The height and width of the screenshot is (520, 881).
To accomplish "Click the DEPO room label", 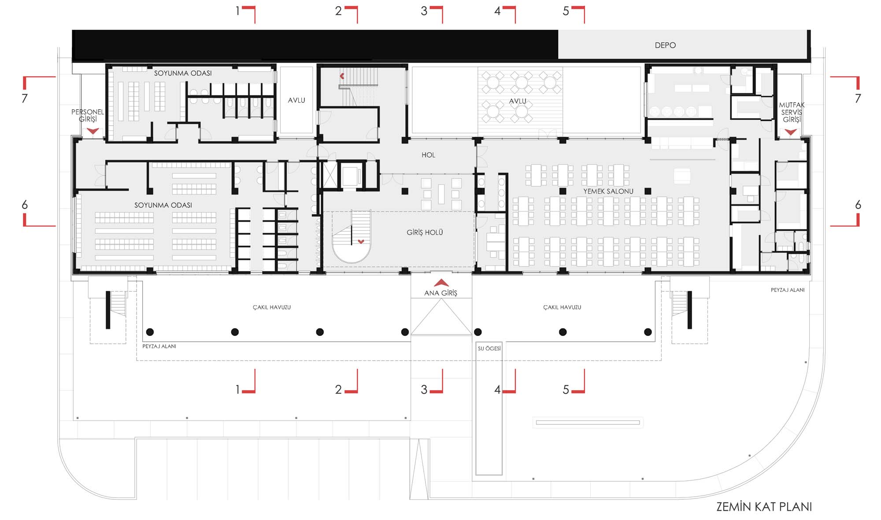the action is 665,45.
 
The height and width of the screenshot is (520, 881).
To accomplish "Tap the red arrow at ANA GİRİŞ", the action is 441,283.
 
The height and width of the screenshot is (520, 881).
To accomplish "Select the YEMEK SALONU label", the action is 608,191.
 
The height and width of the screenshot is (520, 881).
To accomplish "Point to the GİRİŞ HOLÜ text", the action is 425,232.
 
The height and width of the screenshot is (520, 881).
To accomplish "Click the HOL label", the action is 428,155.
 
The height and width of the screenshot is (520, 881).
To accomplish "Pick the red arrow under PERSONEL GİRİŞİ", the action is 93,131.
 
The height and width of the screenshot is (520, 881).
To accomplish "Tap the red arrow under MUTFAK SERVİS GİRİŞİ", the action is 791,132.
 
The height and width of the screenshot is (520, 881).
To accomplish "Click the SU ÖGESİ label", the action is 489,348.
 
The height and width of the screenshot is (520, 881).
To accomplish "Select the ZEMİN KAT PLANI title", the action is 764,506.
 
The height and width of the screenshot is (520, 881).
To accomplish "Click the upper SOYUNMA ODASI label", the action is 183,73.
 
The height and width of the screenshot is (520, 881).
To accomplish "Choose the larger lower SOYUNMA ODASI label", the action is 163,205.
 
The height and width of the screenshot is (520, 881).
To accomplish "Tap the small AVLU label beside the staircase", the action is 296,100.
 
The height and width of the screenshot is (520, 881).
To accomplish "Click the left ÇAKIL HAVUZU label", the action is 272,307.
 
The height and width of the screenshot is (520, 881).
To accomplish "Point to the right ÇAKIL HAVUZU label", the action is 562,307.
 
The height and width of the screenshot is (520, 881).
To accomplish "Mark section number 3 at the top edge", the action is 424,11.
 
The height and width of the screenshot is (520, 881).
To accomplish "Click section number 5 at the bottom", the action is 566,390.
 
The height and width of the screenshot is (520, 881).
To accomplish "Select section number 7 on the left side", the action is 25,98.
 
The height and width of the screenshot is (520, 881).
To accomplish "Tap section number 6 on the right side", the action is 858,205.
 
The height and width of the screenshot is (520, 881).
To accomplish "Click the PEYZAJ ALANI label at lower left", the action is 159,347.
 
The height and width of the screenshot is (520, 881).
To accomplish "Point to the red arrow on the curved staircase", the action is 361,241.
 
